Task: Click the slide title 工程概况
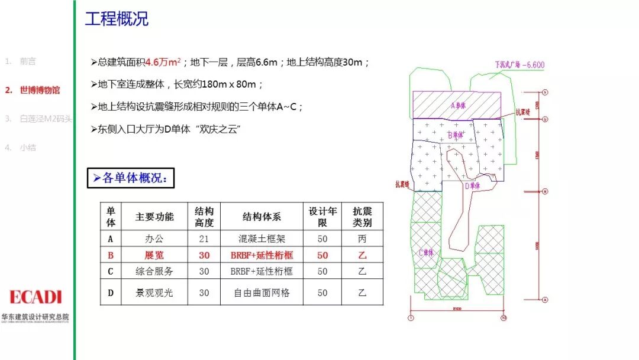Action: [x=117, y=19]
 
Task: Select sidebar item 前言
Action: [x=27, y=61]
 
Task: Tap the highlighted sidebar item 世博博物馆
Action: [x=40, y=90]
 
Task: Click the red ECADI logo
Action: [x=35, y=297]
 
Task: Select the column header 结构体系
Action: [x=262, y=217]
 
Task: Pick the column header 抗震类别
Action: [x=362, y=217]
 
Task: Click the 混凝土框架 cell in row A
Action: [x=262, y=239]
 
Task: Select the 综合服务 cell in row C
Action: [x=154, y=271]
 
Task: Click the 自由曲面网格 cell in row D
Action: [x=262, y=292]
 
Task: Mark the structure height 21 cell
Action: [x=204, y=239]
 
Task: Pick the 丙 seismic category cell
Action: [x=362, y=239]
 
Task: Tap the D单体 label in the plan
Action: [x=472, y=186]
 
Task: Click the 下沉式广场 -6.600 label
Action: [x=519, y=65]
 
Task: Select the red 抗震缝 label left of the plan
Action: [x=404, y=184]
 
